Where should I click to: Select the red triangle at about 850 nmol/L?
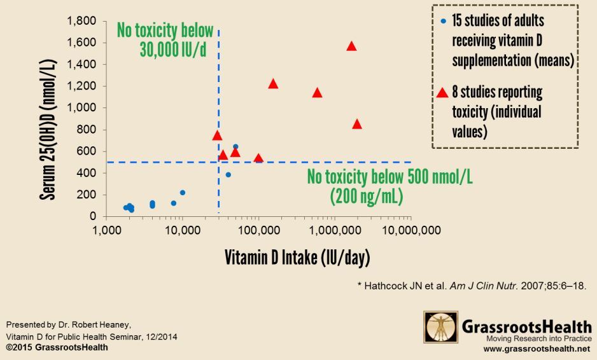[x=357, y=125]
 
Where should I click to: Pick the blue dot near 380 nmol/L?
[x=228, y=175]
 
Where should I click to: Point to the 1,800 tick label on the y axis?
[x=81, y=22]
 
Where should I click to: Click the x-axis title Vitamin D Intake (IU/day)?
[x=297, y=258]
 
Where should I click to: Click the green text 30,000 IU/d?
[x=173, y=50]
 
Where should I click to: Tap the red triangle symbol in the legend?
[x=443, y=93]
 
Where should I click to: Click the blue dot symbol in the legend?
[x=443, y=22]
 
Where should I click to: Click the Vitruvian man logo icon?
[x=440, y=327]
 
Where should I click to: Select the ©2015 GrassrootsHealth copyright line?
[x=57, y=348]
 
